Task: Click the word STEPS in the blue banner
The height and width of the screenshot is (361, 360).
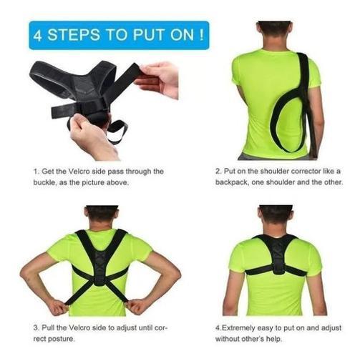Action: pos(74,35)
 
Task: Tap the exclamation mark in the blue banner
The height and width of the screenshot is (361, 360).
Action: pos(202,35)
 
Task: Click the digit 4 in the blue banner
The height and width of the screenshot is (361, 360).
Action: pos(38,35)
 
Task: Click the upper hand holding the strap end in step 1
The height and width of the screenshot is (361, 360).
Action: pos(159,79)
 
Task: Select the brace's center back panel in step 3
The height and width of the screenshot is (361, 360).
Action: pos(101,267)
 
